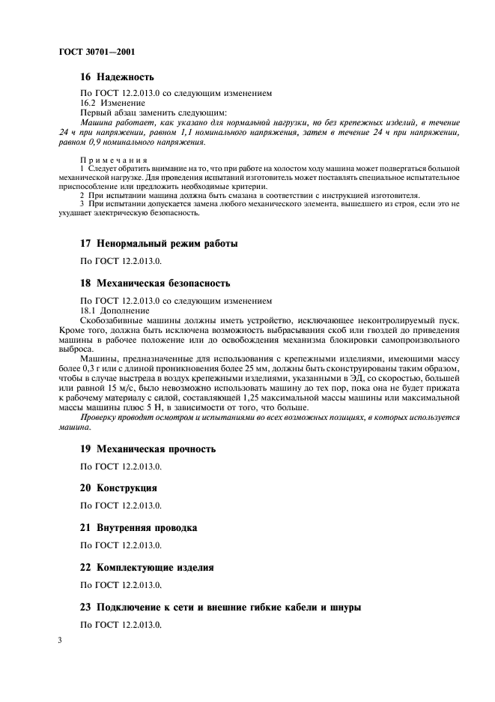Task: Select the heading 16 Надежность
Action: tap(117, 76)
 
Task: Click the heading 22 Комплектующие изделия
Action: tap(147, 568)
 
